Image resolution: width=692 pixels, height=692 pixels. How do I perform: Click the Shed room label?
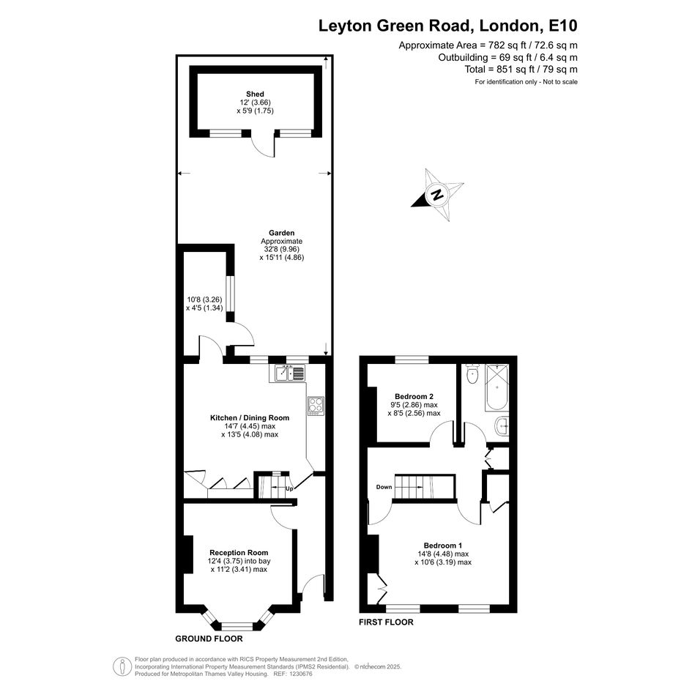coord(255,94)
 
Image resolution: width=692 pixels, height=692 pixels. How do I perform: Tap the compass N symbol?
coord(437,195)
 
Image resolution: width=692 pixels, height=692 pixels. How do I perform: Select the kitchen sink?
coord(290,373)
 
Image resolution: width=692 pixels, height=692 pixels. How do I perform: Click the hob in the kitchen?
coord(316,406)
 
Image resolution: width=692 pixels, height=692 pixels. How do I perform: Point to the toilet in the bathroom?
coord(472,375)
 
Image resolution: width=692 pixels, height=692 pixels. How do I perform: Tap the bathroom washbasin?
coord(502,426)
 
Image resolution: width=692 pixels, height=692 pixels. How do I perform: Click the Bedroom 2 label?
coord(414,396)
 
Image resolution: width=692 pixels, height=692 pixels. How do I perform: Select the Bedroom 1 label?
coord(443,546)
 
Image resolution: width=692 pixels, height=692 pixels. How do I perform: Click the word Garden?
coord(282,233)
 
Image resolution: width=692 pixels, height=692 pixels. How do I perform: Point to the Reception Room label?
coord(239,553)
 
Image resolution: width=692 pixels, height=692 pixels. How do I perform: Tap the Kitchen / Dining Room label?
coord(250,418)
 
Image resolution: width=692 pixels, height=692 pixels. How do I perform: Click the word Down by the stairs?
coord(384,487)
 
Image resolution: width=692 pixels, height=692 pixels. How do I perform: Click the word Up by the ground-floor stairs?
coord(289,488)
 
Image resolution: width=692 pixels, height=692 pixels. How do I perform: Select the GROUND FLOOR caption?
coord(209,639)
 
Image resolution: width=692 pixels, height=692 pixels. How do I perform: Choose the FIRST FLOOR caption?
coord(386,622)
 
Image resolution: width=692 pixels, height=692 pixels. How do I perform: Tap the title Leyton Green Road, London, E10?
coord(448,26)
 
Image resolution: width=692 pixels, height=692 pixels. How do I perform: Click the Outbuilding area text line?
coord(508,57)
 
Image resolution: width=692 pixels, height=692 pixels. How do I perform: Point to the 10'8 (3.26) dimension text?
coord(204,300)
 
